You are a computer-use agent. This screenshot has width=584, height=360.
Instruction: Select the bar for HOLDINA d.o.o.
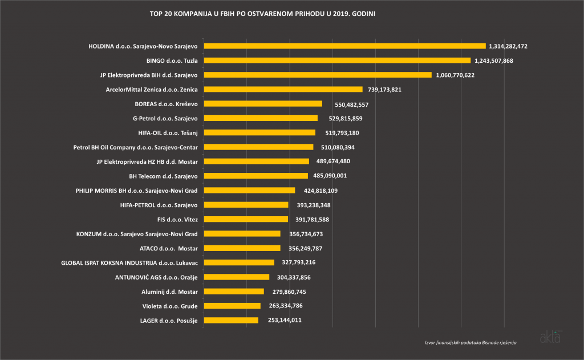pos(344,46)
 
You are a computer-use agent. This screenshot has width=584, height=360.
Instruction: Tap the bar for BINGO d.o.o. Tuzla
pos(337,60)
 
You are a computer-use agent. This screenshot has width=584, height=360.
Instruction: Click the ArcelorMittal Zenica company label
pos(152,89)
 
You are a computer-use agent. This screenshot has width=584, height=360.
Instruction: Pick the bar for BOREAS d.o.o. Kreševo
pos(263,104)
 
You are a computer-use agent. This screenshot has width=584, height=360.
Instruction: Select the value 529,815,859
pos(343,118)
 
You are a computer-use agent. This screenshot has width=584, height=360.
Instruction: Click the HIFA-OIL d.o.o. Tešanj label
pos(168,132)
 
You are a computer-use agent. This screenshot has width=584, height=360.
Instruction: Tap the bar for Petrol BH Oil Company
pos(258,147)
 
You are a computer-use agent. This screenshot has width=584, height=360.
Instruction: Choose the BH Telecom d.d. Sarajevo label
pos(163,176)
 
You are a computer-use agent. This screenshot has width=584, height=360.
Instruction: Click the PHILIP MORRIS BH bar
pos(249,190)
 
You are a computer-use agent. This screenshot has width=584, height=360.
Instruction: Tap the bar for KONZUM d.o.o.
pos(242,233)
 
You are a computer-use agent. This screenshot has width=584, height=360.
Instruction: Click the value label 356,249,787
pos(306,248)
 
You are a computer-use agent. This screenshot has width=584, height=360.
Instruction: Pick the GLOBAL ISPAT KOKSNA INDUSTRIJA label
pos(129,262)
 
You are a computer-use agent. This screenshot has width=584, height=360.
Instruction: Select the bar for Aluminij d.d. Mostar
pos(234,292)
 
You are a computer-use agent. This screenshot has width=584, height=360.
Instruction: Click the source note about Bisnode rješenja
pos(471,342)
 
